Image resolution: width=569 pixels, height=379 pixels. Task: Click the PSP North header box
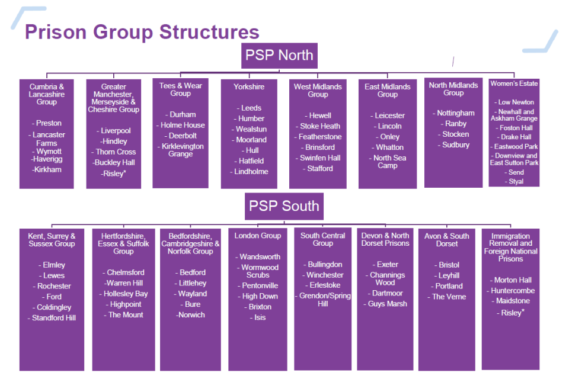click(279, 56)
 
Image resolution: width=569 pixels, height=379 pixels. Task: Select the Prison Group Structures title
click(142, 32)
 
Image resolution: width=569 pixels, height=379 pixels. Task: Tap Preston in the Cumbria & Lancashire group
click(49, 123)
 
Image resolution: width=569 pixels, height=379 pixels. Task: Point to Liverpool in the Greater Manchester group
click(115, 131)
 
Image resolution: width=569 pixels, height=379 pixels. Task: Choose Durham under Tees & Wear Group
click(182, 114)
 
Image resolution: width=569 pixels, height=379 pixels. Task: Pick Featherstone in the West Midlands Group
click(320, 137)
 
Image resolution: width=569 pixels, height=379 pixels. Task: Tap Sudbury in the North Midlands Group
click(455, 145)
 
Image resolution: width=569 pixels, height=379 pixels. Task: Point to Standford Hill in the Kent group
click(53, 318)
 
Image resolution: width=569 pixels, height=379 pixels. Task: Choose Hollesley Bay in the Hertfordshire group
click(125, 294)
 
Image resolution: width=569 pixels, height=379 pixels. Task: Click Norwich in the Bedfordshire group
click(191, 315)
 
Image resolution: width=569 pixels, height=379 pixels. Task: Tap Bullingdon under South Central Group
click(325, 264)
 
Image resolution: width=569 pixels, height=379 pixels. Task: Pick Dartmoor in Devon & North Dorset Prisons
click(387, 293)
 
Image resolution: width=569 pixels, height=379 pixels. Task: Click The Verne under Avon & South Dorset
click(447, 297)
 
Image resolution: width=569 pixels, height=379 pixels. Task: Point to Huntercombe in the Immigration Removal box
click(512, 291)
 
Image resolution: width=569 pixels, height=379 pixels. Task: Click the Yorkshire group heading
click(249, 86)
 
